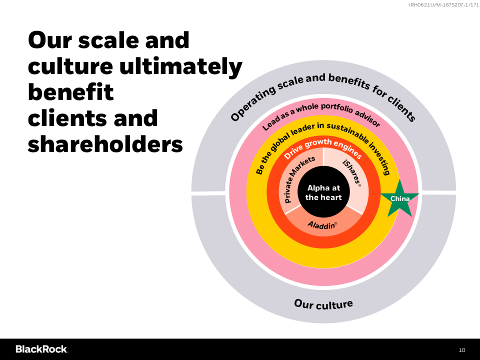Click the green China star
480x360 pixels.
coord(399,199)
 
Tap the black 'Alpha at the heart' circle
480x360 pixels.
coord(323,192)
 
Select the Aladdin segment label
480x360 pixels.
coord(322,225)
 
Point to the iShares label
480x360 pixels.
coord(351,173)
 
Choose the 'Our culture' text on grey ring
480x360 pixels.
coord(323,304)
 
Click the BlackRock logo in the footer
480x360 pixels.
coord(41,349)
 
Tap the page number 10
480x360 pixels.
coord(462,350)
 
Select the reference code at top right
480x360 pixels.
coord(444,5)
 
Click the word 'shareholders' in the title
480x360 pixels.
coord(105,144)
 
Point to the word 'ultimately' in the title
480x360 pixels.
coord(180,66)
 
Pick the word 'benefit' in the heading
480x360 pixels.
coord(70,92)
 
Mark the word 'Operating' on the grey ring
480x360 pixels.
coord(253,103)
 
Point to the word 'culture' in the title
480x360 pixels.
coord(70,66)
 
